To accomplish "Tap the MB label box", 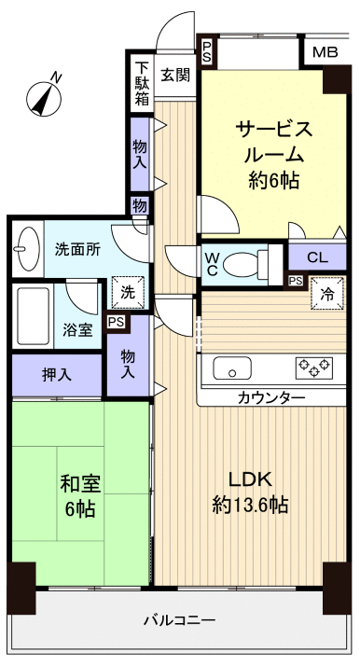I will coord(325,52).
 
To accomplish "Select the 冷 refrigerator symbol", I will coord(327,292).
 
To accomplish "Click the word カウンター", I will coord(271,398).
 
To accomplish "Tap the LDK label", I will coord(250,480).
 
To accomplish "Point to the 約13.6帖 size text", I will coord(249,506).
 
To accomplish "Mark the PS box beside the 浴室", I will coord(117,323).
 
